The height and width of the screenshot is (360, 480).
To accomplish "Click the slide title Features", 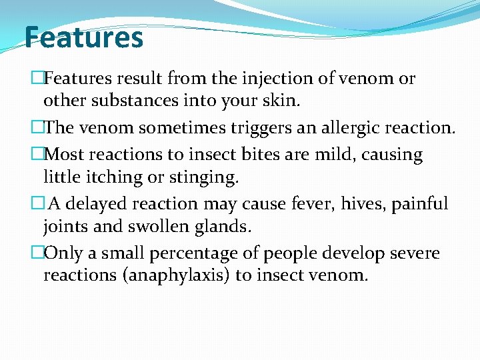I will point(83,37).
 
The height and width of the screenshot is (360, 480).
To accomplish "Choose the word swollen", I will point(157,227).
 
